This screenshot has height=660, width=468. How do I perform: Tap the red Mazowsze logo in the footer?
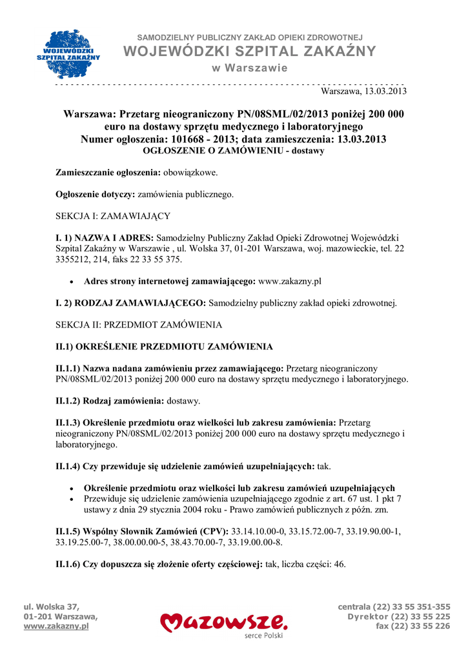coord(224,623)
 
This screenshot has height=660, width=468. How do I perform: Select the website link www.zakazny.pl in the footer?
coord(56,626)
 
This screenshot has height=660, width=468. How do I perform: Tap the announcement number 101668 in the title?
coord(192,139)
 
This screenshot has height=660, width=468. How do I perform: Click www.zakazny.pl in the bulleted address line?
coord(290,281)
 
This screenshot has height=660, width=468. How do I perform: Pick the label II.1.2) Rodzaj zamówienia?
coord(110,401)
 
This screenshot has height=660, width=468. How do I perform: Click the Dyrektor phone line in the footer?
coord(399,617)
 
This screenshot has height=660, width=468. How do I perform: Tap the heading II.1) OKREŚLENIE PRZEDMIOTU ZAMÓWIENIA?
coord(164,347)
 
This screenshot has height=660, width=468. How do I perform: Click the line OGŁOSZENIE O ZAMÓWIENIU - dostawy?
coord(232,151)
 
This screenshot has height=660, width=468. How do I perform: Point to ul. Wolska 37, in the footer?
coord(51,607)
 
